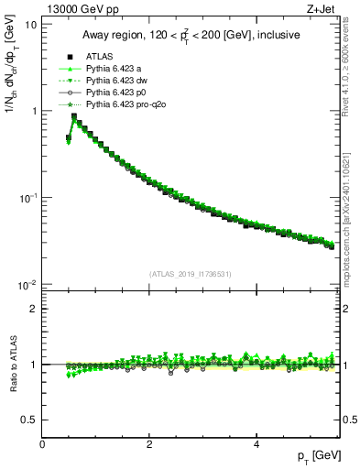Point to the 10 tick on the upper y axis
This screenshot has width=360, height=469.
point(30,24)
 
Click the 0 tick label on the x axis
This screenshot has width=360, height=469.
point(42,444)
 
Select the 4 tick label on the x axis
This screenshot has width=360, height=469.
point(256,444)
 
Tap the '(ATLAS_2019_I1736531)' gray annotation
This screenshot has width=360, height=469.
point(190,274)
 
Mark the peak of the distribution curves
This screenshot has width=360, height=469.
point(74,116)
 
